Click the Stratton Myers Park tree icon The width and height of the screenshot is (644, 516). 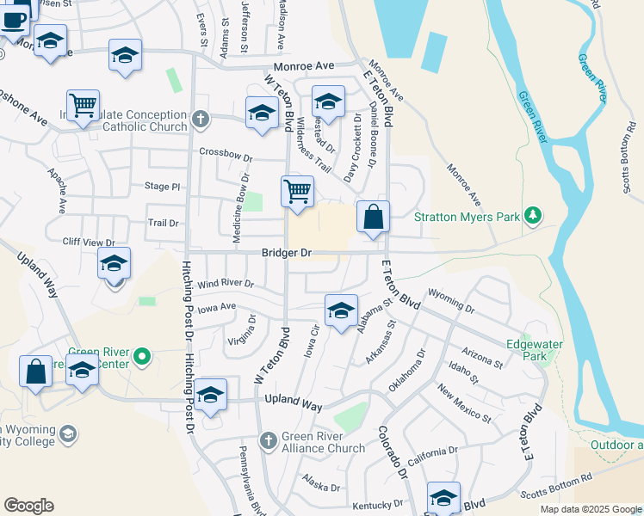[x=534, y=214]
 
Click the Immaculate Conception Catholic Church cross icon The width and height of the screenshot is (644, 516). [x=201, y=119]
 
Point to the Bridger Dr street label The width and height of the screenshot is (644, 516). [x=287, y=254]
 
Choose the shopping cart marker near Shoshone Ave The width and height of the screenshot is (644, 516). [x=83, y=107]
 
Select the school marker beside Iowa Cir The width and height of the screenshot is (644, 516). [x=341, y=310]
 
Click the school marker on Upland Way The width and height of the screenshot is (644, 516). [x=210, y=395]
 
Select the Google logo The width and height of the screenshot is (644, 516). [x=28, y=506]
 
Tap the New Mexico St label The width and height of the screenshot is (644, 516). [x=464, y=405]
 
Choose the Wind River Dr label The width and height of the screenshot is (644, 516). [x=226, y=283]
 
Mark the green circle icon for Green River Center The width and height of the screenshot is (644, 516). [x=145, y=354]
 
